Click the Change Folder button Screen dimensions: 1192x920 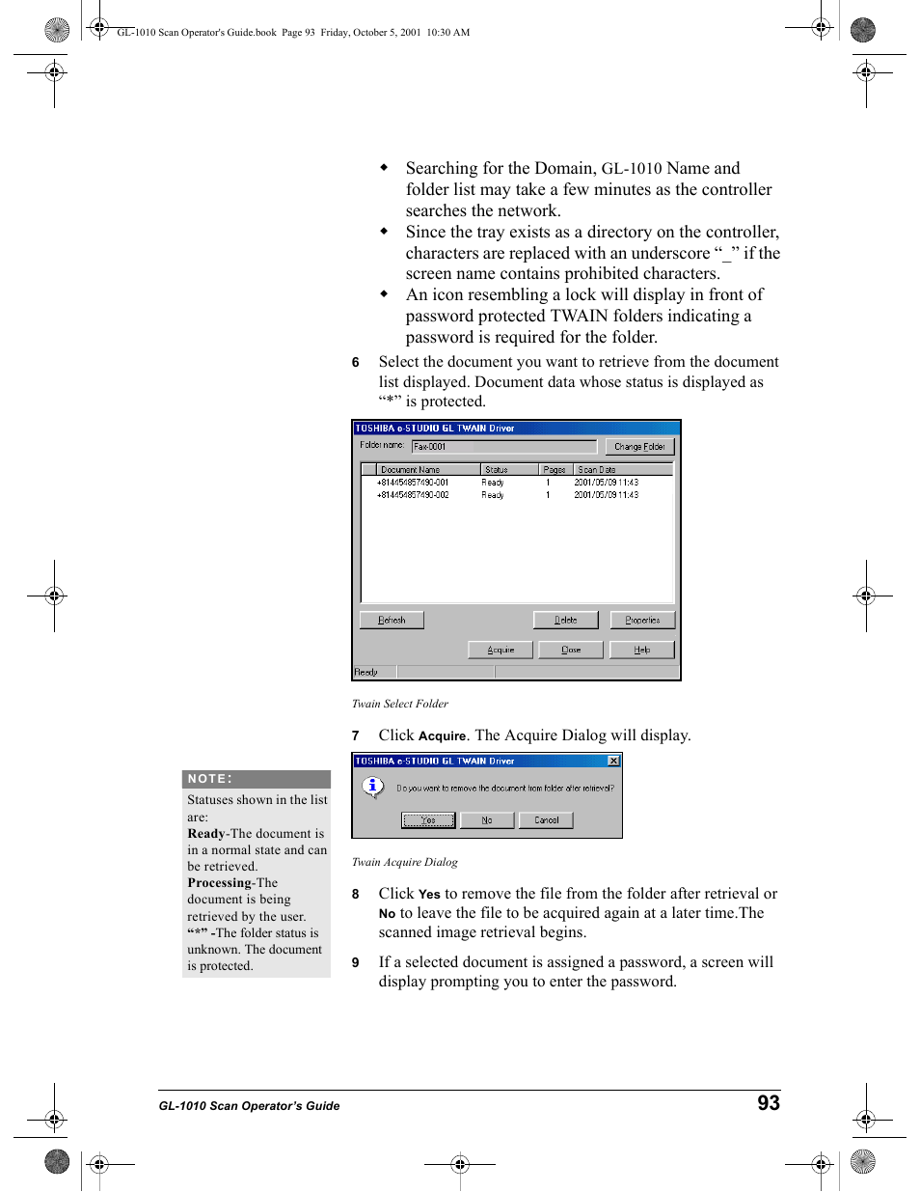[x=639, y=447]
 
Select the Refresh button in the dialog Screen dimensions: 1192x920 [x=392, y=621]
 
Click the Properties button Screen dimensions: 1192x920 [x=642, y=621]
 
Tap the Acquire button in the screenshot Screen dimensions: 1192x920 [x=501, y=651]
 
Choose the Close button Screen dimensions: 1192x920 [x=571, y=651]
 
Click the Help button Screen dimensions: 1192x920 [x=641, y=651]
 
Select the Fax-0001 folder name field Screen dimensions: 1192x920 [x=503, y=447]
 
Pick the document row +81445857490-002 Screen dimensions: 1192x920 [x=413, y=495]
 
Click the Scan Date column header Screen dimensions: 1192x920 [x=597, y=470]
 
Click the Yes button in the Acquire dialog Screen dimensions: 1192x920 [x=428, y=820]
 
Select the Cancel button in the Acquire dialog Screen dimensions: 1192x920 [x=546, y=820]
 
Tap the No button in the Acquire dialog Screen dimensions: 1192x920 [x=486, y=820]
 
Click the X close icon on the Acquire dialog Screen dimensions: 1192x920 [x=613, y=762]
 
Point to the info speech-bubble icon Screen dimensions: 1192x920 [x=372, y=787]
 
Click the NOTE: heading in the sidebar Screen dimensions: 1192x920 [x=210, y=779]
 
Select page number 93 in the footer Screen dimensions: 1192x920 [x=768, y=1103]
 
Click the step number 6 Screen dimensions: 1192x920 [x=356, y=363]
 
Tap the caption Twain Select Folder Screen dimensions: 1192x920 [x=399, y=704]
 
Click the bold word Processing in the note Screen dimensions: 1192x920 [x=219, y=883]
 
